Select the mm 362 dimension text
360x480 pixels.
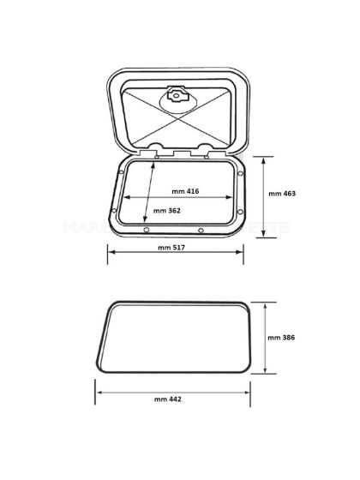165,211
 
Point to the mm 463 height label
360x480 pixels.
281,194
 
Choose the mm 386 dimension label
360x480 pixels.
281,338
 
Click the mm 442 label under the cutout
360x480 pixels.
169,399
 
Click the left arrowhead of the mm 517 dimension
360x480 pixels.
110,254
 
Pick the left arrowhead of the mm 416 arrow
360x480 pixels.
119,196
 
